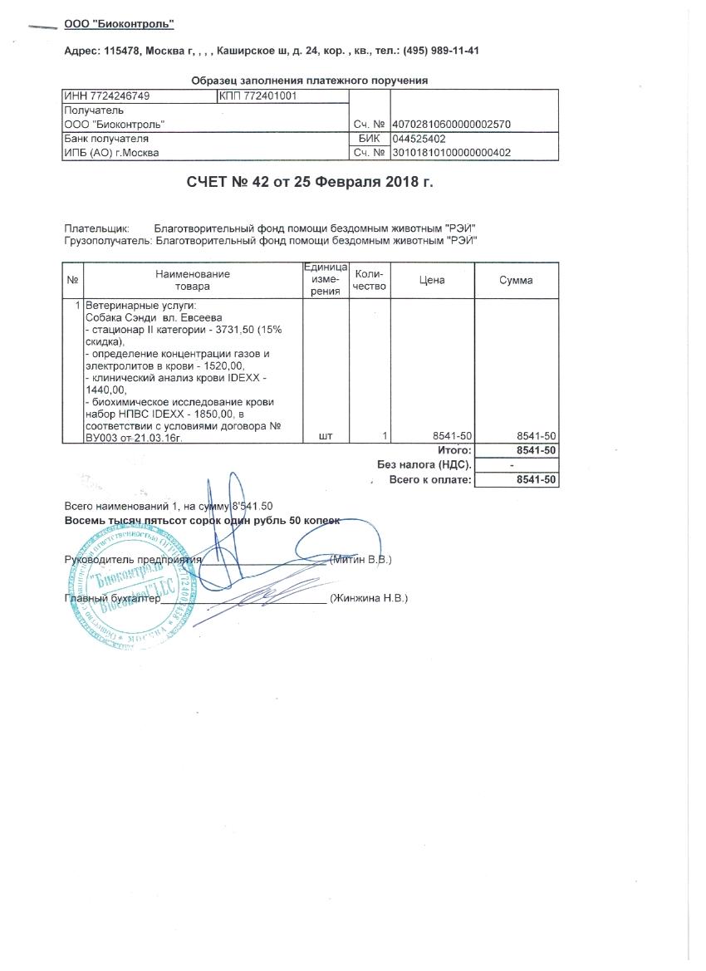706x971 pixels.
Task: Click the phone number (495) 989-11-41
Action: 440,51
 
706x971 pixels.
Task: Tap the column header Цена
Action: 432,280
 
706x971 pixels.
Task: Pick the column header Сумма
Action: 516,280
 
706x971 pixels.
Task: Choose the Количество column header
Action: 370,280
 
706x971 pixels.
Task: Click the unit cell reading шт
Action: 325,436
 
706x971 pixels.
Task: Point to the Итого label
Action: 454,449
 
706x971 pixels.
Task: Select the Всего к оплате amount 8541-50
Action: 536,480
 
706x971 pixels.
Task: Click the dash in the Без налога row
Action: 512,465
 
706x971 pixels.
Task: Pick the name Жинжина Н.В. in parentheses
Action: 368,598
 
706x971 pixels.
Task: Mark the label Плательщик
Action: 96,228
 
